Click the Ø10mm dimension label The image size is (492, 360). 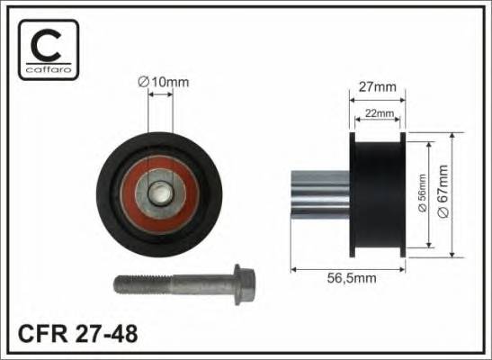coord(164,82)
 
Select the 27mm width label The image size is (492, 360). coord(378,87)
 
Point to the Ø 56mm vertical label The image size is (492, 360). coord(423,193)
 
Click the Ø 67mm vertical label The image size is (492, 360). coord(443,191)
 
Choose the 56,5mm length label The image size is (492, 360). coord(352,278)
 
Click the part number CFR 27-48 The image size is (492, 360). coord(78,334)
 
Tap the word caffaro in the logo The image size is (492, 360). coord(49,69)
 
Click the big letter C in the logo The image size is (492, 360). coord(46,45)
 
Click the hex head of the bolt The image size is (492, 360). coord(245,284)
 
